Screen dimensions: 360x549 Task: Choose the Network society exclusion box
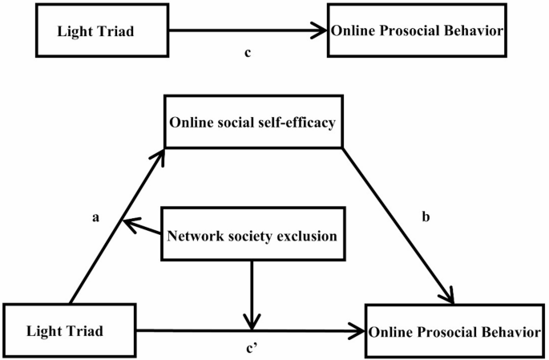pos(252,236)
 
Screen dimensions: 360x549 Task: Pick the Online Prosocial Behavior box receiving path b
pos(454,330)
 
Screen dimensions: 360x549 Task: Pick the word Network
pos(192,236)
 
